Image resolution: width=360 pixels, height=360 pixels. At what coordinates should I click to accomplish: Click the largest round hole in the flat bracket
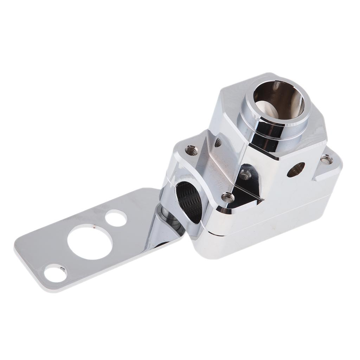pos(90,242)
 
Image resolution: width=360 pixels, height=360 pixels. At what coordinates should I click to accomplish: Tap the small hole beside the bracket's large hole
pos(116,218)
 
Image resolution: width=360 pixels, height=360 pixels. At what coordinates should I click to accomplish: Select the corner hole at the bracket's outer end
pos(56,273)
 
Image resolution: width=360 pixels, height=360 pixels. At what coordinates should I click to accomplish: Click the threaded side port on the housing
pos(189,202)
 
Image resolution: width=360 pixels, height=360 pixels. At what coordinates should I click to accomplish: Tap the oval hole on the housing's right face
pos(296,169)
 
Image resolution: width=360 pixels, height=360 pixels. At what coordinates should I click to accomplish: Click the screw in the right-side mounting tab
pos(326,160)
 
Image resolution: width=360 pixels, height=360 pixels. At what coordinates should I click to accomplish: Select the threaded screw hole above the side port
pos(191,150)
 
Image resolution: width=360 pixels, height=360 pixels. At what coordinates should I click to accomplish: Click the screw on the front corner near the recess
pos(227,198)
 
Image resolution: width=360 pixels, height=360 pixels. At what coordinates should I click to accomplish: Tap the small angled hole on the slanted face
pos(218,142)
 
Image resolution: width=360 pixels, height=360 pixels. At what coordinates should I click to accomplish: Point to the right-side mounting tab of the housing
pos(329,165)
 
